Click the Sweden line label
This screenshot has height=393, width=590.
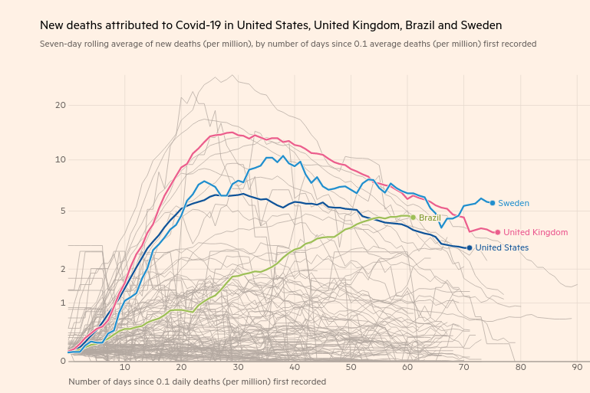click(513, 203)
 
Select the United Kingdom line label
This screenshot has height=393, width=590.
click(536, 232)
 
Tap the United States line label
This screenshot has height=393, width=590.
click(502, 247)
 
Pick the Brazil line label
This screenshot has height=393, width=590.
click(430, 218)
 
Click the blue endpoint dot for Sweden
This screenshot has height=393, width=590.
click(493, 203)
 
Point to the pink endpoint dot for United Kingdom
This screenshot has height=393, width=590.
click(498, 232)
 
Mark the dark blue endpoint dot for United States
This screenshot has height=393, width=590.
click(470, 247)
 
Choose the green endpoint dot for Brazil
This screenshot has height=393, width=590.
click(413, 218)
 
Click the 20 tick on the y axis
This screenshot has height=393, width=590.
click(61, 105)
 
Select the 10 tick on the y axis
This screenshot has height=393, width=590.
click(61, 159)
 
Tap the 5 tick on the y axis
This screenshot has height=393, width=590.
click(63, 211)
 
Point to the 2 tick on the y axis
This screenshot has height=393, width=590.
click(63, 269)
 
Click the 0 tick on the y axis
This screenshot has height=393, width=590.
click(63, 361)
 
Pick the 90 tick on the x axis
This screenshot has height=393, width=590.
click(577, 368)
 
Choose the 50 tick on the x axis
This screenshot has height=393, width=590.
click(351, 368)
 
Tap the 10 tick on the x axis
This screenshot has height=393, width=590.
click(124, 368)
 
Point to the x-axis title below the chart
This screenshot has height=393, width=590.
click(197, 382)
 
